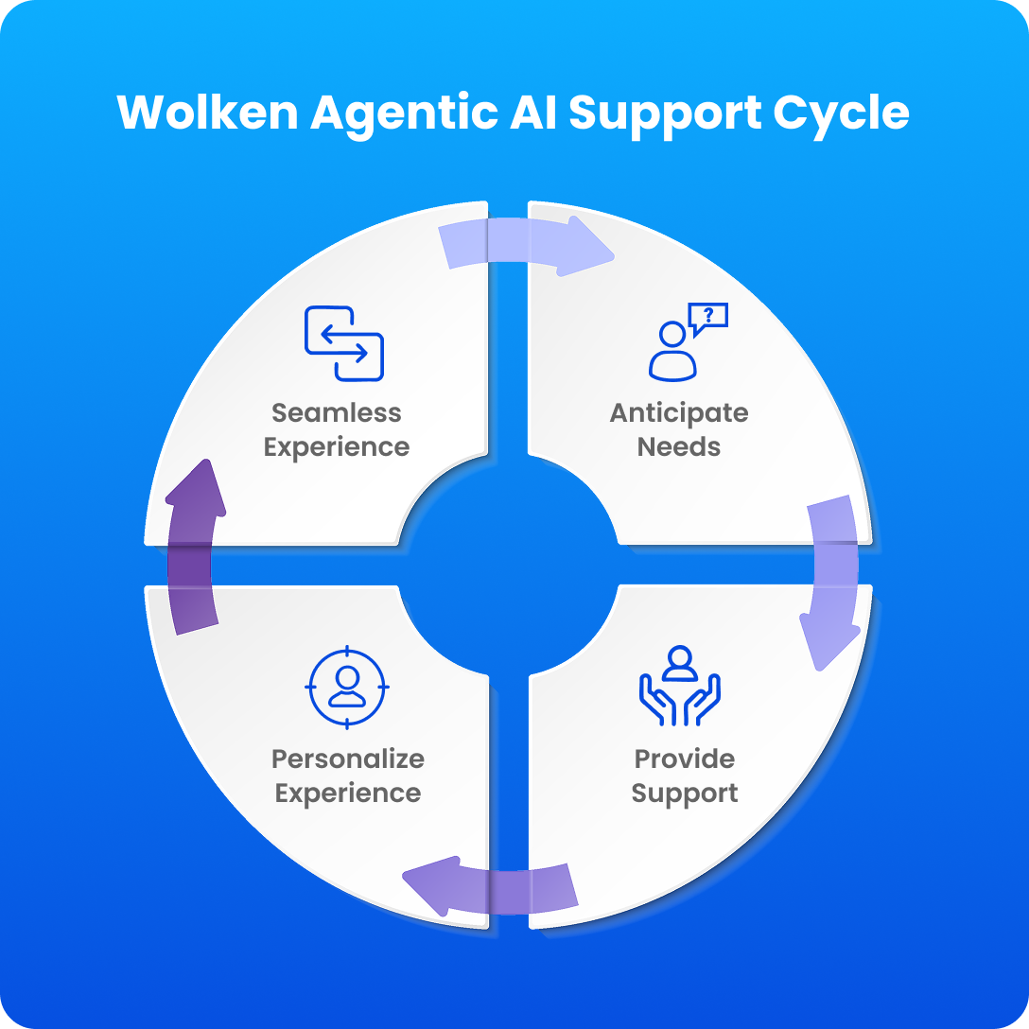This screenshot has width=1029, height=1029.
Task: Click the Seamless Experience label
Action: pyautogui.click(x=337, y=429)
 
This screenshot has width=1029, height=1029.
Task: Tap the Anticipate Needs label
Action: pyautogui.click(x=678, y=429)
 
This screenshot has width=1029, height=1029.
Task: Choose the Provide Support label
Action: pyautogui.click(x=685, y=776)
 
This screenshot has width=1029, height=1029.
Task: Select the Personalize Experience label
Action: pyautogui.click(x=347, y=776)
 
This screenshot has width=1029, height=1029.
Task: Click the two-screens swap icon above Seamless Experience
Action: pyautogui.click(x=343, y=343)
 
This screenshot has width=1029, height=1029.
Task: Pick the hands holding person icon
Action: pyautogui.click(x=680, y=687)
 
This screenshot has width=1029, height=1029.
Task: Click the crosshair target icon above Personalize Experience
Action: pyautogui.click(x=347, y=687)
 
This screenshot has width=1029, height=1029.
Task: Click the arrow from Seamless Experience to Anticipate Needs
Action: pyautogui.click(x=526, y=245)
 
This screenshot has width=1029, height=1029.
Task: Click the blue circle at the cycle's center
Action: pyautogui.click(x=509, y=565)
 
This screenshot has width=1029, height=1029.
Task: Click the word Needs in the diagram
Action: pyautogui.click(x=678, y=446)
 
